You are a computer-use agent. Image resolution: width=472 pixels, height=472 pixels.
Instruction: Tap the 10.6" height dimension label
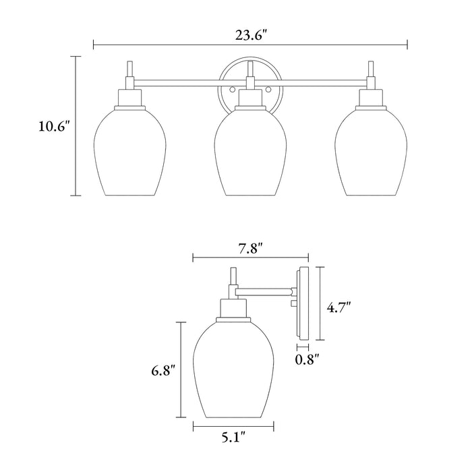point(55,127)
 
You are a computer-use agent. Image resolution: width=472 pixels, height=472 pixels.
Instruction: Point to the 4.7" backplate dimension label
point(339,307)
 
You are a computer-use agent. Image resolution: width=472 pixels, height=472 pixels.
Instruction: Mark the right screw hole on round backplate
point(268,90)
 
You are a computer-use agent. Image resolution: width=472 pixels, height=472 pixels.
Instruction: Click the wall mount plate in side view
point(303,303)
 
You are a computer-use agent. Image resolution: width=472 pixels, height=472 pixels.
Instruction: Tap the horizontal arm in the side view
point(265,292)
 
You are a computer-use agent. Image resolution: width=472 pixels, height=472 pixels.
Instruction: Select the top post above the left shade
point(129,71)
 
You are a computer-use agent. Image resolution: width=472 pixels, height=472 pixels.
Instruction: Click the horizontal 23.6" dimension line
point(169,45)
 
